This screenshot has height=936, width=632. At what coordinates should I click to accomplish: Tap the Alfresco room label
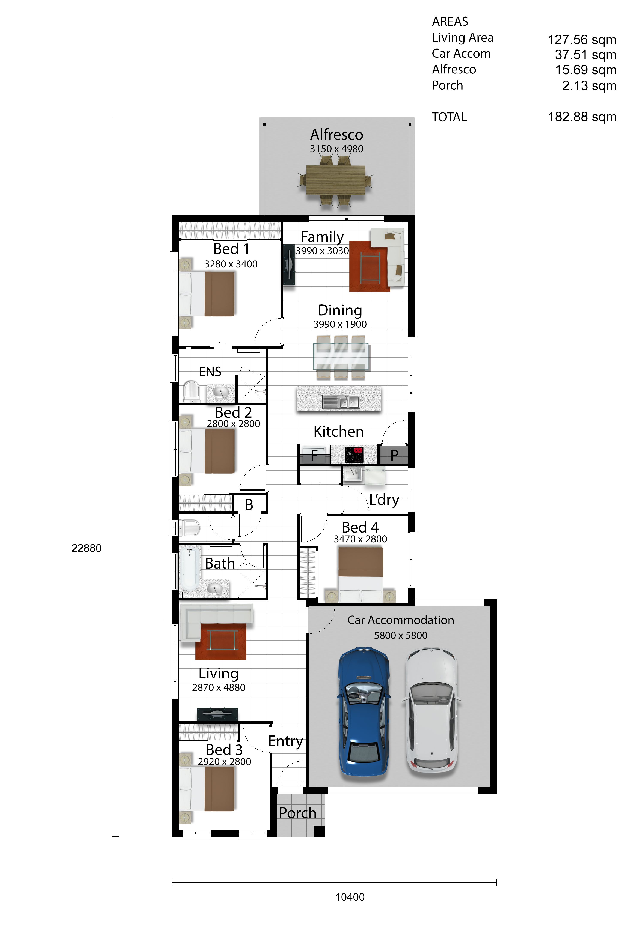pyautogui.click(x=336, y=135)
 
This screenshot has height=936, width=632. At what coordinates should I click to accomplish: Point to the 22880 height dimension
pyautogui.click(x=86, y=548)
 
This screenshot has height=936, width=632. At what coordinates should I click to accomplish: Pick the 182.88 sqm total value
pyautogui.click(x=582, y=117)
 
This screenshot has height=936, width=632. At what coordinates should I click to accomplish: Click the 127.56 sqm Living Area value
pyautogui.click(x=582, y=39)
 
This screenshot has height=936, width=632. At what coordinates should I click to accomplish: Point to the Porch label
pyautogui.click(x=297, y=813)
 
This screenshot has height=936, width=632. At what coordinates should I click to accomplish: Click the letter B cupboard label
pyautogui.click(x=249, y=505)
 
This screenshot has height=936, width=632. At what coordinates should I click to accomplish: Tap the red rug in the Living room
pyautogui.click(x=221, y=641)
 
